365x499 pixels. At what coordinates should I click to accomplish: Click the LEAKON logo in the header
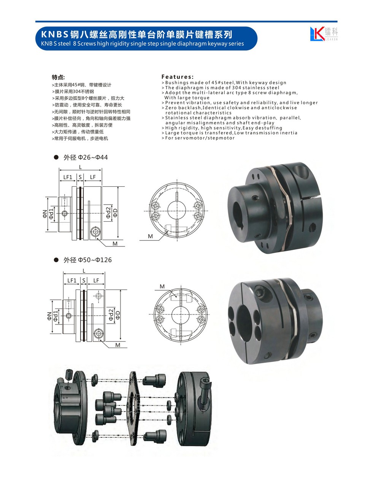[324, 33]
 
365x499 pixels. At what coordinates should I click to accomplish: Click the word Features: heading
[178, 77]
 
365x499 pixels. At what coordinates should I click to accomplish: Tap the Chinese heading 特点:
[58, 77]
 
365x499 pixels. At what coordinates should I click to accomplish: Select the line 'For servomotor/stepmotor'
[200, 138]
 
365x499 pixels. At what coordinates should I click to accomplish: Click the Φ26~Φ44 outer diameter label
[86, 157]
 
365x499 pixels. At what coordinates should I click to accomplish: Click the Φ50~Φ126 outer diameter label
[87, 260]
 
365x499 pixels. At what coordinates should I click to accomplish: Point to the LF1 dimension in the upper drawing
[68, 177]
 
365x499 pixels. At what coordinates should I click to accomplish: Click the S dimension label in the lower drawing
[84, 280]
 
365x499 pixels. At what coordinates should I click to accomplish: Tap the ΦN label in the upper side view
[44, 214]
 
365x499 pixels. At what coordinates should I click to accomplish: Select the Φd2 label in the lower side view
[111, 315]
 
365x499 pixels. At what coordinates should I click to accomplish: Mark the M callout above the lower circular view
[162, 286]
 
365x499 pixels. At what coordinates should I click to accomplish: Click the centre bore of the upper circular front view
[176, 211]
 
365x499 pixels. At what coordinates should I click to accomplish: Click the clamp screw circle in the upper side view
[95, 232]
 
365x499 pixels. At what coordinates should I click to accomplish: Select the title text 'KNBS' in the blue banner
[54, 35]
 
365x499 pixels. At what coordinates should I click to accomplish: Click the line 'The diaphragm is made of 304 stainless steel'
[222, 88]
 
